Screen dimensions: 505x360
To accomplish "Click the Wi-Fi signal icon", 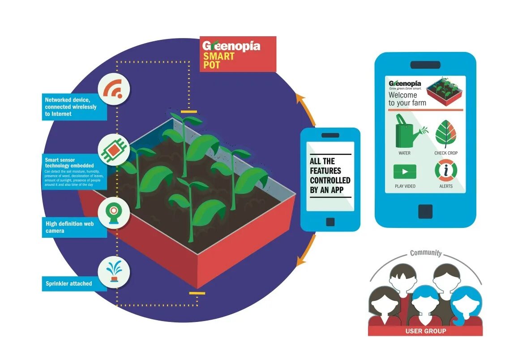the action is (x=114, y=90).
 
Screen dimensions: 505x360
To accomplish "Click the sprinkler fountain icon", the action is (x=114, y=272).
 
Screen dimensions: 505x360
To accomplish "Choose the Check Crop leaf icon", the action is (x=445, y=134).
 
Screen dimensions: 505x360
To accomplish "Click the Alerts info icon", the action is (x=445, y=171).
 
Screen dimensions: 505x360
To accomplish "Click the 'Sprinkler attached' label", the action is (x=69, y=283).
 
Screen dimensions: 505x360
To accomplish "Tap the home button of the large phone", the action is (x=425, y=212).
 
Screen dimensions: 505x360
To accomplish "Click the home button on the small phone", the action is (x=330, y=221).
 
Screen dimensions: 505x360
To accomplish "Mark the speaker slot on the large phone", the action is (x=425, y=65).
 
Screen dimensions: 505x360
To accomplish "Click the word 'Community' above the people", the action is (x=426, y=253).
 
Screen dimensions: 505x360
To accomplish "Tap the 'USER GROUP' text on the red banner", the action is (x=425, y=331).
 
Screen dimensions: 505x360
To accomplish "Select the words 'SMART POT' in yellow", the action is (x=219, y=60).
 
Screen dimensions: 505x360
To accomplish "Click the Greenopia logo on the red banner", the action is (x=231, y=46).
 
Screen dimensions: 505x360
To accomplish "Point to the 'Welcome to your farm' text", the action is (x=407, y=99).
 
